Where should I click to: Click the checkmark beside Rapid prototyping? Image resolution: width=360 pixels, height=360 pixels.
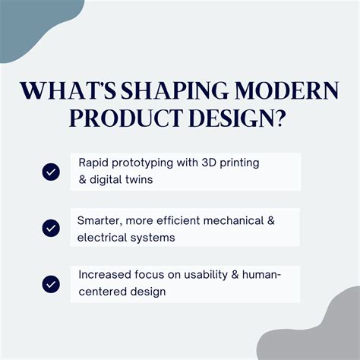click(51, 172)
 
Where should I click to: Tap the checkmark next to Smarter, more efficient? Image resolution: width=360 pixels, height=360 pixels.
click(51, 227)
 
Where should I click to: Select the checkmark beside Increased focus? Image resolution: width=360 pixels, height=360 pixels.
click(51, 283)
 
